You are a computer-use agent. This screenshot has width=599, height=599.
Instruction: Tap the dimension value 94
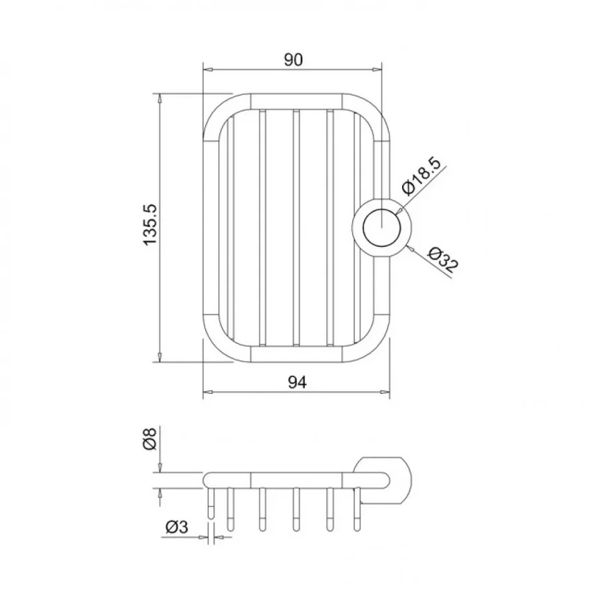pyautogui.click(x=297, y=381)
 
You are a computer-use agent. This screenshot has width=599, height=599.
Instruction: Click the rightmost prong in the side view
pyautogui.click(x=358, y=510)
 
